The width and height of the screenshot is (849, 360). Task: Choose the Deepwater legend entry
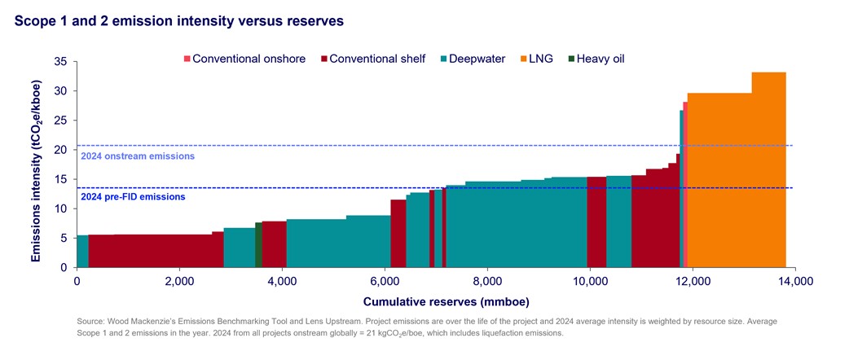tap(473, 59)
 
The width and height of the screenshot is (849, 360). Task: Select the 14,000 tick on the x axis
tap(794, 282)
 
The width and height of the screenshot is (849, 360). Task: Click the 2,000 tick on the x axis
tap(179, 282)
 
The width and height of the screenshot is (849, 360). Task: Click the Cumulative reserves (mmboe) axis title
tap(434, 301)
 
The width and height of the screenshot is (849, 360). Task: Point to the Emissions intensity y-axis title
tap(37, 165)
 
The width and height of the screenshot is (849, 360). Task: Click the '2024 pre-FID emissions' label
tap(132, 196)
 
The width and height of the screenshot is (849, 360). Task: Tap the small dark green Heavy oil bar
tap(258, 244)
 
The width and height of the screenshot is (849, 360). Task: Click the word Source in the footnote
tap(90, 322)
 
